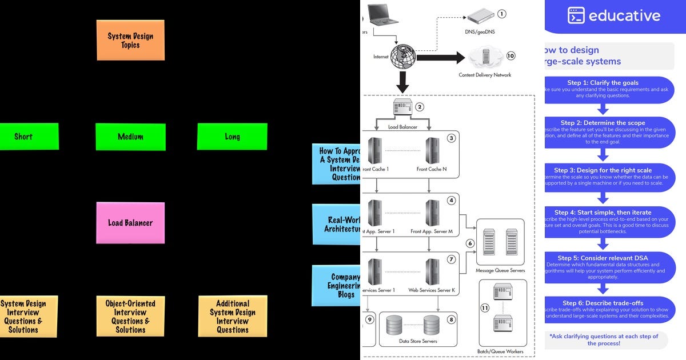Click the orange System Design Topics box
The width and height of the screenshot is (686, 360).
[x=130, y=40]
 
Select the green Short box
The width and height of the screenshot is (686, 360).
[x=26, y=137]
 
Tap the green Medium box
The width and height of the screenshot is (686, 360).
[x=130, y=137]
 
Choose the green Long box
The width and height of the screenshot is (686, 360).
[x=232, y=137]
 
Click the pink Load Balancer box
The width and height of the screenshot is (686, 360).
[x=130, y=223]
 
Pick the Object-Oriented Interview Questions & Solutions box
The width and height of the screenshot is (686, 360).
[x=130, y=316]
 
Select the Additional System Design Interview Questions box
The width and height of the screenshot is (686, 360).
[x=233, y=316]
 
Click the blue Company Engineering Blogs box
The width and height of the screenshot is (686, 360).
[x=337, y=286]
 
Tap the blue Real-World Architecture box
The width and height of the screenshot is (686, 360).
[x=337, y=224]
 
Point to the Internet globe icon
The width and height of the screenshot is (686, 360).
[x=404, y=57]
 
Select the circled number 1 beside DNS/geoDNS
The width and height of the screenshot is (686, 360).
[x=502, y=14]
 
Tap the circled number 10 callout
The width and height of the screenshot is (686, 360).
[x=510, y=55]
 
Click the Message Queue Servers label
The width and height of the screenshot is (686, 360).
[x=500, y=270]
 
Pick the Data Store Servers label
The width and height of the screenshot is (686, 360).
[x=417, y=341]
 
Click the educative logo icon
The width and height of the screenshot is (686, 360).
[x=576, y=15]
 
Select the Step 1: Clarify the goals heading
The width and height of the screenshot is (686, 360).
[x=603, y=83]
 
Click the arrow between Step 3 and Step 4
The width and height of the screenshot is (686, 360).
[x=603, y=198]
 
